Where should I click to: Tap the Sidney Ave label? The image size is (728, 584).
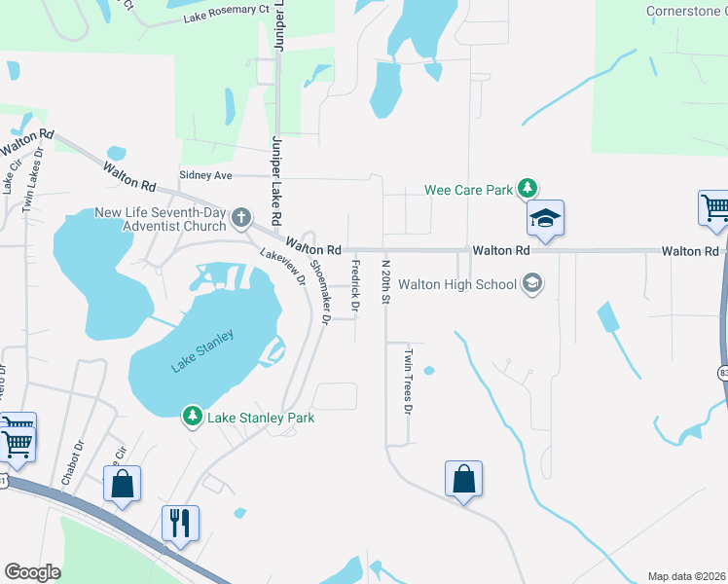click(205, 175)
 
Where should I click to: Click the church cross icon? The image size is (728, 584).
click(242, 215)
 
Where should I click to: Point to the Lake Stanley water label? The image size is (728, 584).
click(203, 351)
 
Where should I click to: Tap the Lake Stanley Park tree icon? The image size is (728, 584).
click(193, 418)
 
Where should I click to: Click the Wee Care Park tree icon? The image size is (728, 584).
click(527, 188)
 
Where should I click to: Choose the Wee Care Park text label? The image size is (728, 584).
click(468, 190)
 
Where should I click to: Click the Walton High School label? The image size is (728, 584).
click(468, 284)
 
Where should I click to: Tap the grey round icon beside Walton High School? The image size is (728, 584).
click(531, 284)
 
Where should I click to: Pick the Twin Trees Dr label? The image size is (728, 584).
click(409, 381)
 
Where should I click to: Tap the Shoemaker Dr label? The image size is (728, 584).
click(320, 290)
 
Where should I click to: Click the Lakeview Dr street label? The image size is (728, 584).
click(283, 267)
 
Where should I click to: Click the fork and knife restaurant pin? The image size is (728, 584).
click(180, 523)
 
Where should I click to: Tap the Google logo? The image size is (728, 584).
click(32, 572)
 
